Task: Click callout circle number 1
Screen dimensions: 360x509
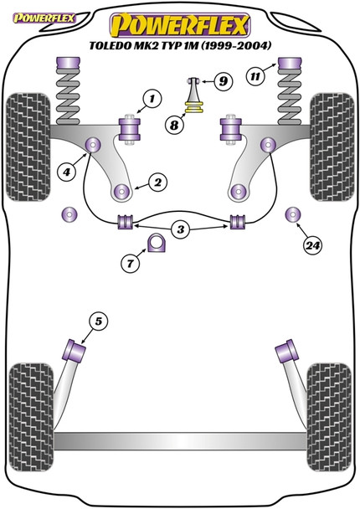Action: (152, 99)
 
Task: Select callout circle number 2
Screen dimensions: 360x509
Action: (157, 183)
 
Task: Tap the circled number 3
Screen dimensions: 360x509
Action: (181, 230)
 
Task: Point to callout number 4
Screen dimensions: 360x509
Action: (66, 172)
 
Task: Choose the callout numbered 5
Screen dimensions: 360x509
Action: (98, 321)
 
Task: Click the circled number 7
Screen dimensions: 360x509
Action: (131, 263)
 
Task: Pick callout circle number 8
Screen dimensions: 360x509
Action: (174, 125)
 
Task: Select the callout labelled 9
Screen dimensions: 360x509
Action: (223, 81)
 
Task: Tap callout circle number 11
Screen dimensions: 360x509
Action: (255, 77)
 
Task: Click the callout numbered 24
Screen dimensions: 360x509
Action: (312, 245)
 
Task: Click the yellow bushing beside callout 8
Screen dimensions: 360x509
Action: (194, 107)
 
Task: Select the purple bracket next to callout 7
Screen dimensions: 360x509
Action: (157, 243)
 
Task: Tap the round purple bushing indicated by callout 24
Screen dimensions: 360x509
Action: (293, 214)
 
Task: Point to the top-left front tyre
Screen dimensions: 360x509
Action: (28, 147)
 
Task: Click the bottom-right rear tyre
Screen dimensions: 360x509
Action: (329, 417)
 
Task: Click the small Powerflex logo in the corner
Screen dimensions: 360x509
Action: (44, 18)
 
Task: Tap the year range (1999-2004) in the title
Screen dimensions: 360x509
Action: (235, 45)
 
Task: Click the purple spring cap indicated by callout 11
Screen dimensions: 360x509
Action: (290, 68)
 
